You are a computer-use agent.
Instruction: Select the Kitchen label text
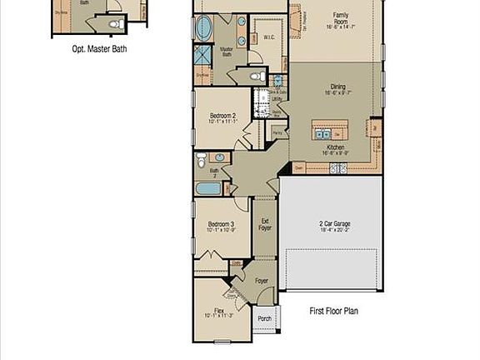(x=335, y=148)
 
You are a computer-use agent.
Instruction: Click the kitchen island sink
(x=321, y=133)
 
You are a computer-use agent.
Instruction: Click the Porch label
(x=264, y=318)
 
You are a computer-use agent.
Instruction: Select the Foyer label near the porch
(x=262, y=282)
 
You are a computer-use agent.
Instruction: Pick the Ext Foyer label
(x=264, y=224)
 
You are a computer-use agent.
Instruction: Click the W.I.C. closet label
(x=269, y=37)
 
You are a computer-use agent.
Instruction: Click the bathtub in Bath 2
(x=208, y=188)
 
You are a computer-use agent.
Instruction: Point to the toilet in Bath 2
(x=201, y=159)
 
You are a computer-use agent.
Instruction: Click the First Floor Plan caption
(x=333, y=311)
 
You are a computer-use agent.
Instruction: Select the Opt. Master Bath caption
(x=99, y=48)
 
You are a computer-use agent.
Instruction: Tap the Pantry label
(x=278, y=132)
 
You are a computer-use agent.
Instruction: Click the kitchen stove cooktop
(x=339, y=168)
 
